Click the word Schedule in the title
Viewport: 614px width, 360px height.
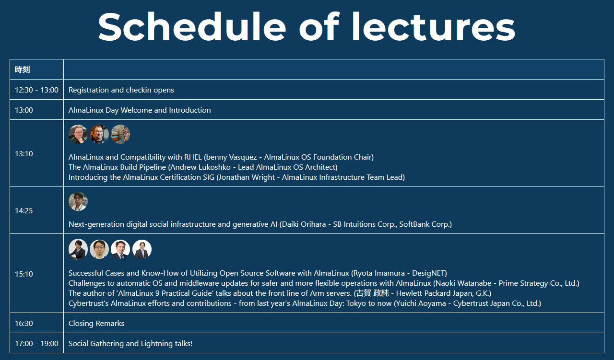192,26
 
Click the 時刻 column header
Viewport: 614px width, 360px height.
22,70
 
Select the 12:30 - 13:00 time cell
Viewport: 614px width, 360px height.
36,90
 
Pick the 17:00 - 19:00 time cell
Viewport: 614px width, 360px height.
36,344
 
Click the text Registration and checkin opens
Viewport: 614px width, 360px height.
121,90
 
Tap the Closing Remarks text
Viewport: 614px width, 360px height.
96,324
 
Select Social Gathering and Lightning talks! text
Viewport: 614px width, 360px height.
130,344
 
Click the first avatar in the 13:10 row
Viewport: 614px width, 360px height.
78,134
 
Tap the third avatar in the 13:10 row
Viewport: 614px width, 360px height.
120,134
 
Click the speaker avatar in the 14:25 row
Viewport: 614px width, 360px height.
78,201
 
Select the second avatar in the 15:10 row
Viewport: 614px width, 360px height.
99,249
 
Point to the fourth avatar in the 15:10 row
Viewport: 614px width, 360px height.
142,249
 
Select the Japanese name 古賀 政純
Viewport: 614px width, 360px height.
372,293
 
